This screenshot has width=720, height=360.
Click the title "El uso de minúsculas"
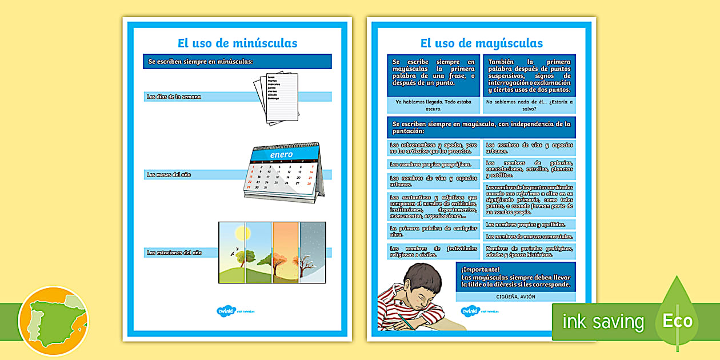pyautogui.click(x=237, y=43)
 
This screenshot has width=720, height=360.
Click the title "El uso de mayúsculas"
pyautogui.click(x=481, y=43)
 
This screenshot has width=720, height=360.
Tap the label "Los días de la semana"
pyautogui.click(x=174, y=97)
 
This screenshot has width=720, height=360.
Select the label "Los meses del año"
pyautogui.click(x=169, y=174)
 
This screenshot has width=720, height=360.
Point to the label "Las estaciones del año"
pyautogui.click(x=174, y=252)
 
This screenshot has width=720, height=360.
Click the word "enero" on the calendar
pyautogui.click(x=281, y=154)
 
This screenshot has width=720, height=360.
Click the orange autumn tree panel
pyautogui.click(x=285, y=253)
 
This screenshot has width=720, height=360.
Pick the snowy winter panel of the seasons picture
pyautogui.click(x=313, y=253)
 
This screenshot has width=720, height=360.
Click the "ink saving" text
pyautogui.click(x=603, y=322)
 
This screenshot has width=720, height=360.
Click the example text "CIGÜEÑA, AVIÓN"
pyautogui.click(x=515, y=297)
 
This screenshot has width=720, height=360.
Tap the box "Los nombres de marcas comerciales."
pyautogui.click(x=529, y=237)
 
